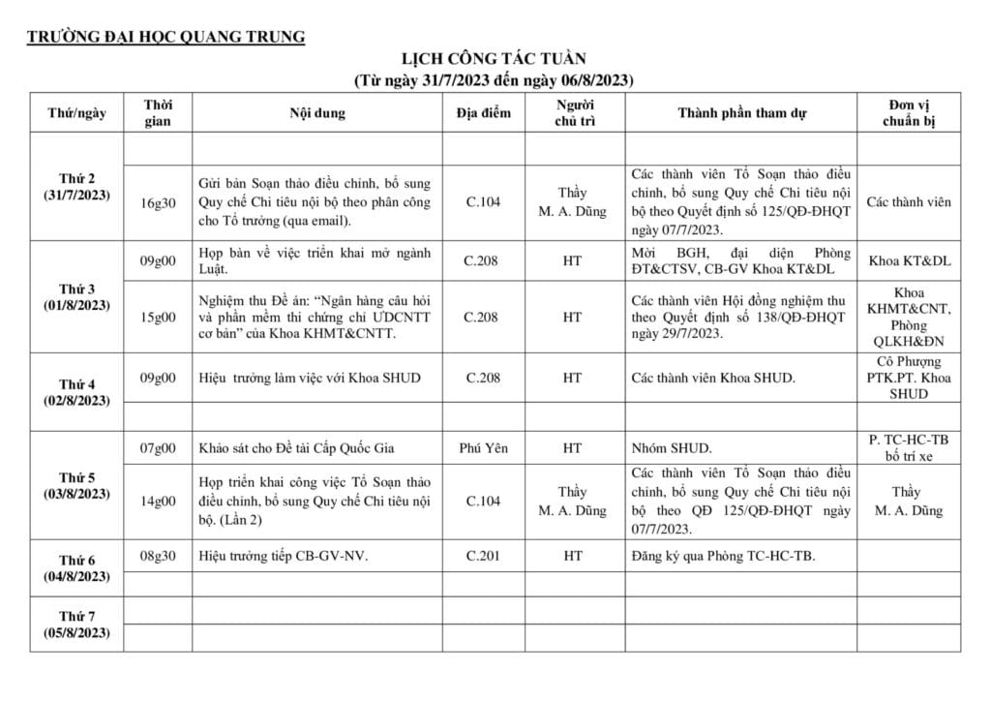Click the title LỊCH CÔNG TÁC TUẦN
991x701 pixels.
point(494,60)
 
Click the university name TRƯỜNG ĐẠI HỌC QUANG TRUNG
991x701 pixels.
point(165,38)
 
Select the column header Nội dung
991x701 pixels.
point(316,113)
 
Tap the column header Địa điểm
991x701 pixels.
point(483,113)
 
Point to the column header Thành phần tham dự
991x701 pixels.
point(741,113)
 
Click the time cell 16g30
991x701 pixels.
point(158,202)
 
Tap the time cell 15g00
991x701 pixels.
point(158,317)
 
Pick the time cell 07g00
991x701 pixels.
point(158,448)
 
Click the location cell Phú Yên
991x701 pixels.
point(483,448)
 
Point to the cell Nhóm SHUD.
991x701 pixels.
point(672,448)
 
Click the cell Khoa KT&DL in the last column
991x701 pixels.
point(908,261)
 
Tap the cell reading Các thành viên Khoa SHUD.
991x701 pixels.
point(713,378)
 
